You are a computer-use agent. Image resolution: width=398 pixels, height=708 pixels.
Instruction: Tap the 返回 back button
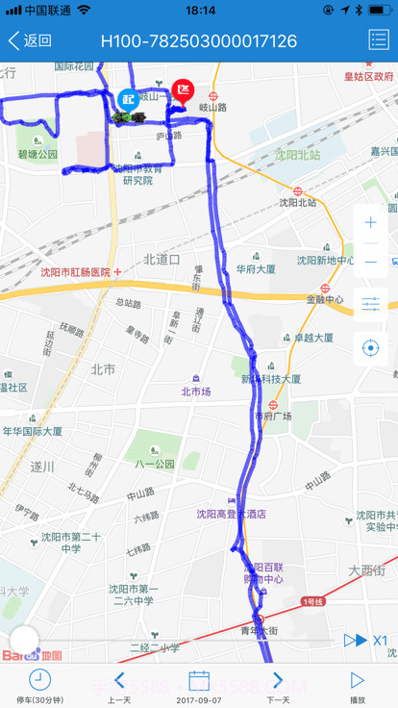(30, 40)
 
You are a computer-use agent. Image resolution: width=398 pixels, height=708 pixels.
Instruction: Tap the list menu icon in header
(378, 40)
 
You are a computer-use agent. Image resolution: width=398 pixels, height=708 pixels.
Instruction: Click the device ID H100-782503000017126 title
(199, 40)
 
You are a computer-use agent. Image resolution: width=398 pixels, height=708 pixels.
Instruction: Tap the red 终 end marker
(183, 91)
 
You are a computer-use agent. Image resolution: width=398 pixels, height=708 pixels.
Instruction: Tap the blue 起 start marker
(128, 98)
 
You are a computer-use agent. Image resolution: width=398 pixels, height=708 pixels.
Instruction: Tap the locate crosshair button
(371, 347)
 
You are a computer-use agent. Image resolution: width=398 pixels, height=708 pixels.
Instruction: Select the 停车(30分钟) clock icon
(39, 680)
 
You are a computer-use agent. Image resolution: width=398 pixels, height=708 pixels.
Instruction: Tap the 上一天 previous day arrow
(119, 680)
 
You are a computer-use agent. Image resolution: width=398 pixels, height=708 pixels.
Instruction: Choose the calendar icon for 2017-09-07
(199, 680)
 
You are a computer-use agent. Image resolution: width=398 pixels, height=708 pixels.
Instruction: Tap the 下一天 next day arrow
(278, 680)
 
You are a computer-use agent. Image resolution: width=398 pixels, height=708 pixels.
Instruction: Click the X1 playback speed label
(380, 640)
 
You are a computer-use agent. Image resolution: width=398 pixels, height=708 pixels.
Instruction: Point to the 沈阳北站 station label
(297, 202)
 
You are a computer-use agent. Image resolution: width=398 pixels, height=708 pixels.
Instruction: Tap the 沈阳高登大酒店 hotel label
(231, 514)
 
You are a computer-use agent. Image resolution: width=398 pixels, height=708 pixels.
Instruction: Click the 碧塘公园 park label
(37, 154)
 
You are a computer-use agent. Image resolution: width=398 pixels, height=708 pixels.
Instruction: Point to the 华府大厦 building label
(256, 268)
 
